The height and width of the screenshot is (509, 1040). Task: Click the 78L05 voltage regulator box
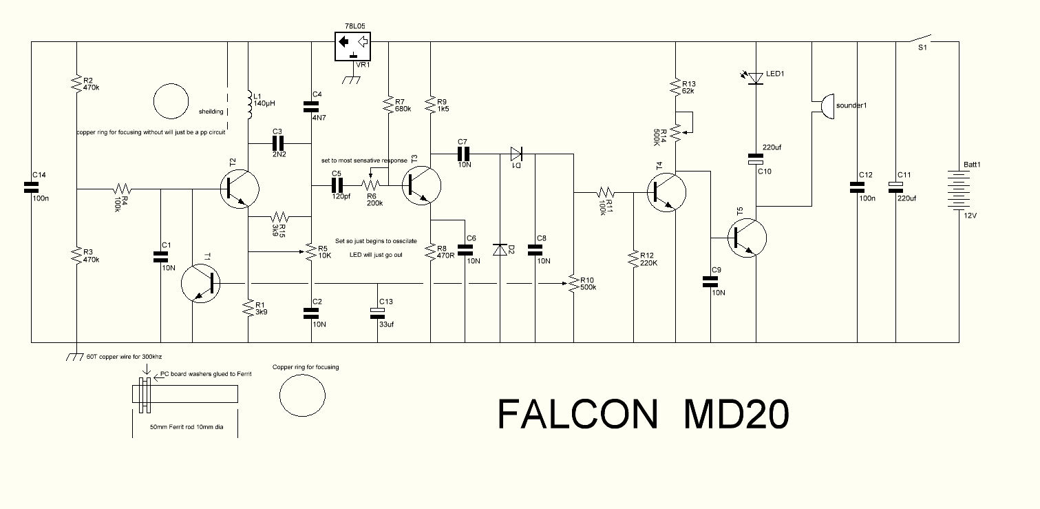point(352,46)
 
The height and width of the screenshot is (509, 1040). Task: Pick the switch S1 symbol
point(922,38)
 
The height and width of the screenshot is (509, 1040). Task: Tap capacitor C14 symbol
point(31,186)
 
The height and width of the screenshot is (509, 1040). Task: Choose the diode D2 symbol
point(500,249)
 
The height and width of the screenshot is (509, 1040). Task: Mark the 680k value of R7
point(403,109)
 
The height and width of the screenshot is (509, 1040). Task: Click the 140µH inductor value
point(265,103)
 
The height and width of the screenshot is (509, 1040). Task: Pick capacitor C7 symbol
point(463,153)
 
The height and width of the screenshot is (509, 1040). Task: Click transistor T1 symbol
point(201,283)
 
